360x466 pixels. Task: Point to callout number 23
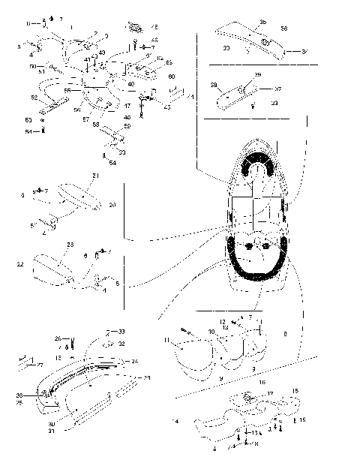pyautogui.click(x=69, y=245)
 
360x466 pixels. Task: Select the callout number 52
pyautogui.click(x=34, y=98)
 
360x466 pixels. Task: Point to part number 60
pyautogui.click(x=171, y=77)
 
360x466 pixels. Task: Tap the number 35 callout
pyautogui.click(x=262, y=22)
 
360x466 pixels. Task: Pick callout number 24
pyautogui.click(x=136, y=361)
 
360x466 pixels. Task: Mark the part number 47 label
pyautogui.click(x=127, y=106)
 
